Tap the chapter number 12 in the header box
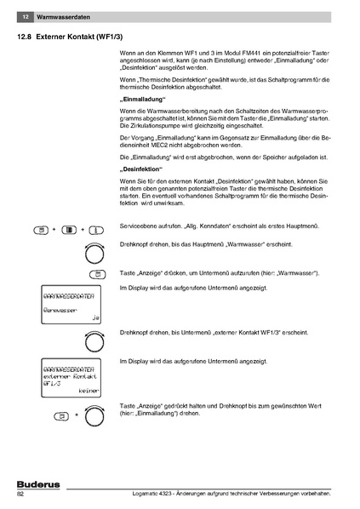tap(26, 17)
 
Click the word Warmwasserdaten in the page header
tap(65, 17)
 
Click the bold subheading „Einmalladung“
tap(143, 100)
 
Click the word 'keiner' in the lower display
tap(88, 391)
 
